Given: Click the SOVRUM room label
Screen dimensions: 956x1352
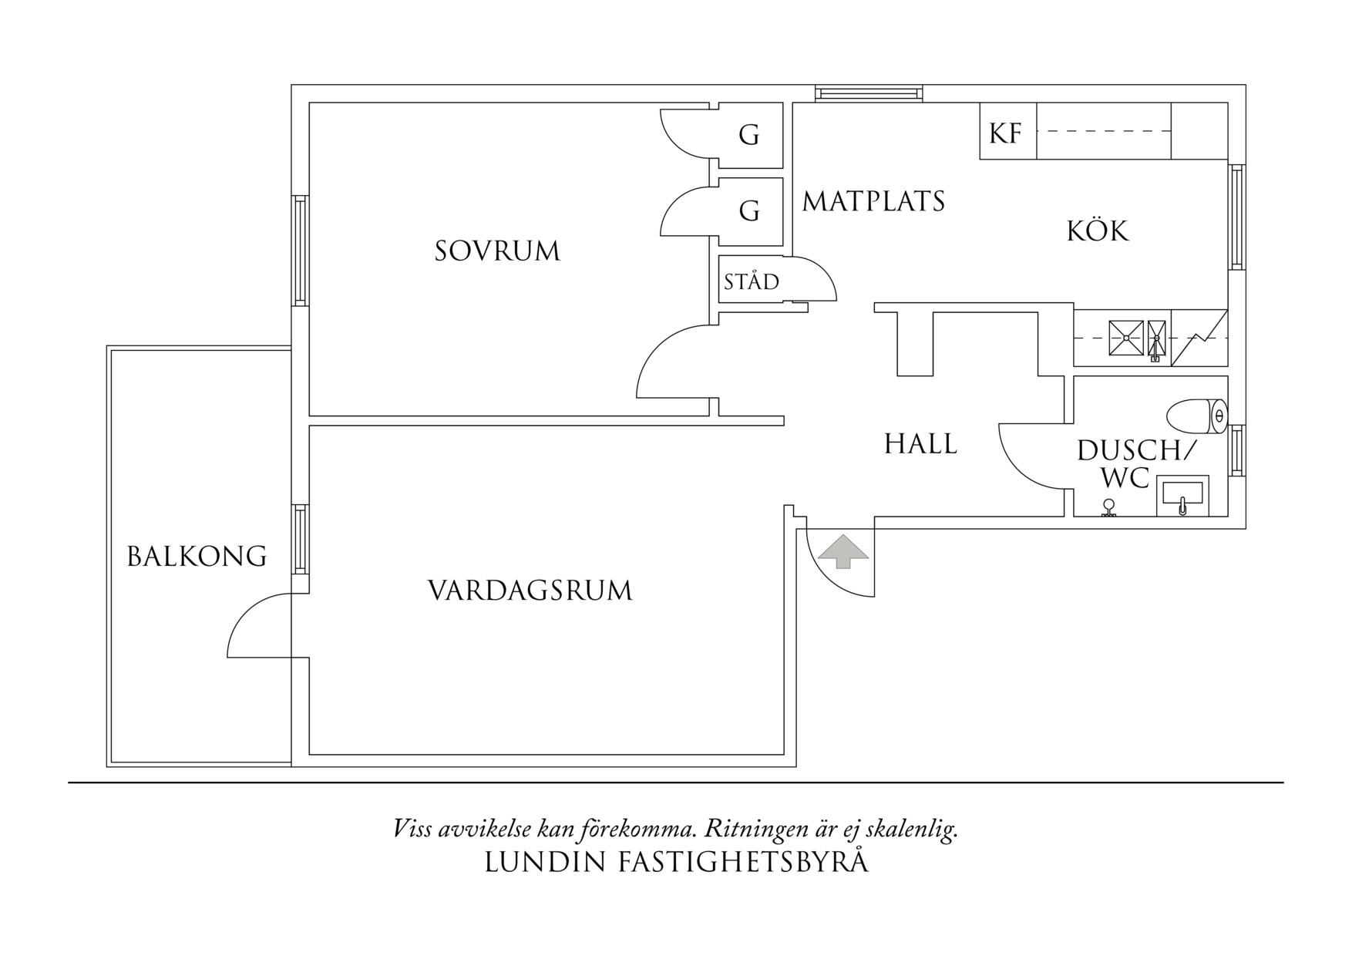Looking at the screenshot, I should pyautogui.click(x=497, y=251).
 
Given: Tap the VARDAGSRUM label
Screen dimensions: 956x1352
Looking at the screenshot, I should pyautogui.click(x=530, y=591).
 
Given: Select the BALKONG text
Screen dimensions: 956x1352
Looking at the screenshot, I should pyautogui.click(x=197, y=556).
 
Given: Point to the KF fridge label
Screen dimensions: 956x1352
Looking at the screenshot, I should pyautogui.click(x=1005, y=133).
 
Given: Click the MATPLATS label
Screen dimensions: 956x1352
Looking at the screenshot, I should pyautogui.click(x=873, y=201).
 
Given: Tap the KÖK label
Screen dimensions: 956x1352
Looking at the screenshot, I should pyautogui.click(x=1098, y=231).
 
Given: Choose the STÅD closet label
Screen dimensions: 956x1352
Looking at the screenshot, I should pyautogui.click(x=751, y=281).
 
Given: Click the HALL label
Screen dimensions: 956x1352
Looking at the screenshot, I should pyautogui.click(x=920, y=444).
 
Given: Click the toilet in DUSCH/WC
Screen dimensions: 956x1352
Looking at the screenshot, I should pyautogui.click(x=1196, y=416).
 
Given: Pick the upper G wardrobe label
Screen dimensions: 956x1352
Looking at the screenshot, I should pyautogui.click(x=748, y=135).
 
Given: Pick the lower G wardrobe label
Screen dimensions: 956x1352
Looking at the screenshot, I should pyautogui.click(x=748, y=210).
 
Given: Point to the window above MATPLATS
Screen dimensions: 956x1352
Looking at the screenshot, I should pyautogui.click(x=869, y=93).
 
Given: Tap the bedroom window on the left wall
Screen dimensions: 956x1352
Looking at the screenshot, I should pyautogui.click(x=300, y=251).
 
